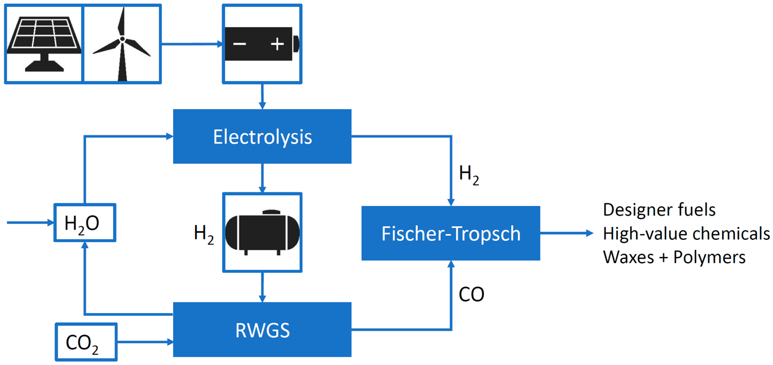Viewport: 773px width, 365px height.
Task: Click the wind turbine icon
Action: coord(122,45)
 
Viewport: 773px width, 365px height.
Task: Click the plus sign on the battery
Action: coord(277,44)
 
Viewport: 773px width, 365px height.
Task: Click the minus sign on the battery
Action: coord(239,44)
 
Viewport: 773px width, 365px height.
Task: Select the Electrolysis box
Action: coord(262,137)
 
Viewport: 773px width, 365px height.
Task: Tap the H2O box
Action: coord(85,223)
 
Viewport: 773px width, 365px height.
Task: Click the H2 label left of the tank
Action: coord(204,234)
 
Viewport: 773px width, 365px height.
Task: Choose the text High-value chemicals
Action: coord(686,233)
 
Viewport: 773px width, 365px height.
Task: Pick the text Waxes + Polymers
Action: coord(674,257)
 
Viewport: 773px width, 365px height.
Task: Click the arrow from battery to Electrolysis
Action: coord(262,96)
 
